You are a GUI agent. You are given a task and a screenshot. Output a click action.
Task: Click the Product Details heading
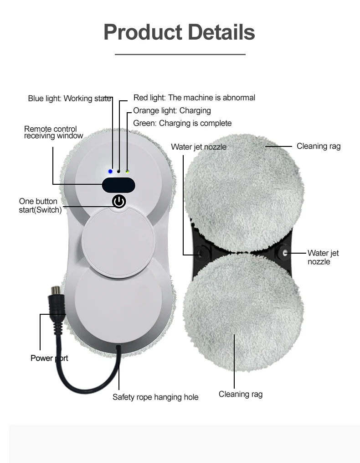180,32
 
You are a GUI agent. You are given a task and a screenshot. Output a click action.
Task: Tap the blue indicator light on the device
110,171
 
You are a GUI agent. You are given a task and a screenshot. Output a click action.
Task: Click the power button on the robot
119,201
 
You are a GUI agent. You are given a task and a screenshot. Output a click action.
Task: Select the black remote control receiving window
118,185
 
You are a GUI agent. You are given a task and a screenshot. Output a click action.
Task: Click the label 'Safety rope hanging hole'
155,397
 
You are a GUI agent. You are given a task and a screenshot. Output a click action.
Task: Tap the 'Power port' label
49,358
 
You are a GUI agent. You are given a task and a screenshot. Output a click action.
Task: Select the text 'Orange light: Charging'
172,110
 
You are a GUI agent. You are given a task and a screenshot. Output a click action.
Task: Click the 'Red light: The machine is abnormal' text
194,98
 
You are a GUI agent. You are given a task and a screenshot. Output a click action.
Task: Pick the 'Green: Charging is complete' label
182,123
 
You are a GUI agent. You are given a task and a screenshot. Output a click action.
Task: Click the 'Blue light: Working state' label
69,98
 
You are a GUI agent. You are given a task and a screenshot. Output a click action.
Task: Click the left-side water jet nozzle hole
201,253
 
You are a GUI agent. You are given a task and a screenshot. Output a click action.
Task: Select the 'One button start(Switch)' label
40,206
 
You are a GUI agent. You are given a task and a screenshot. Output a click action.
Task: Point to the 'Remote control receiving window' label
53,132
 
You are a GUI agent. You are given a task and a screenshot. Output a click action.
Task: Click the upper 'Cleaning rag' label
319,146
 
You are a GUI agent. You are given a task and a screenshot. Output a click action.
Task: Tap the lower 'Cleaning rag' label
241,394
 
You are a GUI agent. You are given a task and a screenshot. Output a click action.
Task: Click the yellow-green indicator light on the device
127,172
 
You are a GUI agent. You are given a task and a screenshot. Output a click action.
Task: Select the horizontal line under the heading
180,54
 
